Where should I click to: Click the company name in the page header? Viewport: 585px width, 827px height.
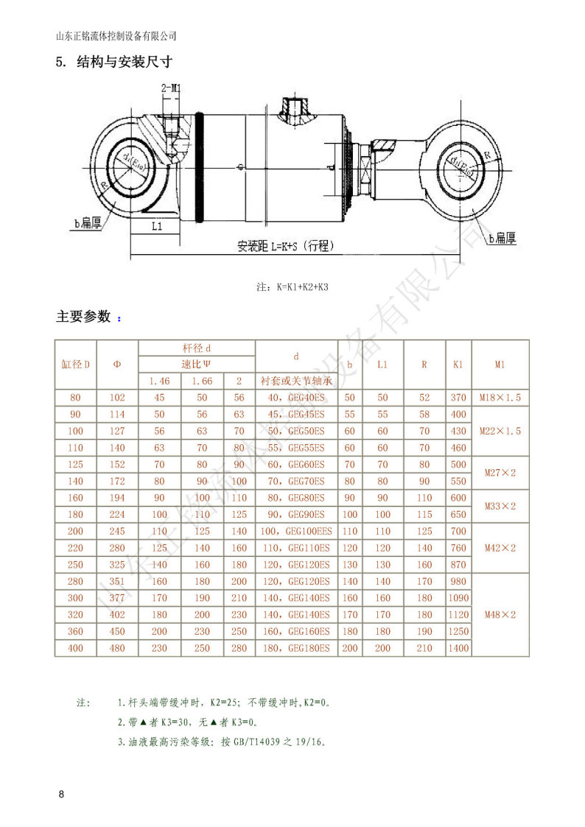pyautogui.click(x=116, y=35)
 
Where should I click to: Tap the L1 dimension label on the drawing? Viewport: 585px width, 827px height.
pyautogui.click(x=156, y=227)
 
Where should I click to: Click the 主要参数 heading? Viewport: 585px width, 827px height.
pyautogui.click(x=83, y=317)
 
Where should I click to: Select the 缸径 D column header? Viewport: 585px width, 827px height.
pyautogui.click(x=75, y=364)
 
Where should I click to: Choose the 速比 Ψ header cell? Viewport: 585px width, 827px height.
pyautogui.click(x=197, y=364)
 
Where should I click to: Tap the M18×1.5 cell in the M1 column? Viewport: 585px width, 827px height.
pyautogui.click(x=500, y=398)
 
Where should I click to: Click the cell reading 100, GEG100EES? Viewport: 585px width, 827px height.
pyautogui.click(x=296, y=531)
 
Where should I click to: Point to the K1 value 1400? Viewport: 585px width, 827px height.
pyautogui.click(x=458, y=648)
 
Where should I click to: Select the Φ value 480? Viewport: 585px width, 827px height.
pyautogui.click(x=117, y=648)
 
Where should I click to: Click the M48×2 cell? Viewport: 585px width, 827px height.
pyautogui.click(x=500, y=614)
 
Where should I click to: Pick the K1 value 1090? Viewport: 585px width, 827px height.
pyautogui.click(x=458, y=598)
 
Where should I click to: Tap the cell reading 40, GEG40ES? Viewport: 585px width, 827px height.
pyautogui.click(x=296, y=398)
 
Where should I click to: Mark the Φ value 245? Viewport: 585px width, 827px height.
pyautogui.click(x=117, y=531)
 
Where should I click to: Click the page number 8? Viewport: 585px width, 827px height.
pyautogui.click(x=61, y=795)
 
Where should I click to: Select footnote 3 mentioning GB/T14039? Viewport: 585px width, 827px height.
pyautogui.click(x=221, y=742)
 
